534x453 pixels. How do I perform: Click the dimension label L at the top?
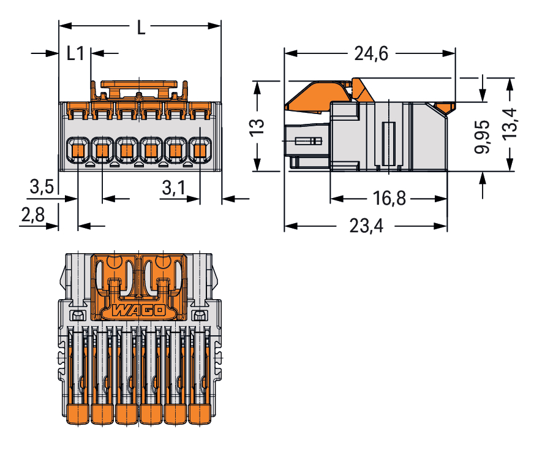click(141, 28)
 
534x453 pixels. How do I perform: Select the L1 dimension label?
click(75, 54)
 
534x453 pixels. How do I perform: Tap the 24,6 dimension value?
click(371, 54)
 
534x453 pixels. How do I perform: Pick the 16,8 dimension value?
click(388, 199)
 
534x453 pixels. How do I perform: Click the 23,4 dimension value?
click(367, 226)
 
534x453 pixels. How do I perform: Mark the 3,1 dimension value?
click(173, 188)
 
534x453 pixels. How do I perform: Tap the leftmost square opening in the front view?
click(77, 149)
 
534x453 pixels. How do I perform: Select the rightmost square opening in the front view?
click(200, 149)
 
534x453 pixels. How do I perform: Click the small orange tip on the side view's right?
click(445, 108)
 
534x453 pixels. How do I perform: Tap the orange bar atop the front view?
click(140, 83)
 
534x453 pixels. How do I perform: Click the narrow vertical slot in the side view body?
click(386, 143)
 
